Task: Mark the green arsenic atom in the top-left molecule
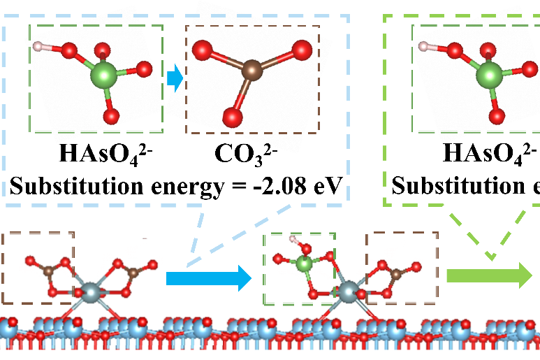[x=104, y=73]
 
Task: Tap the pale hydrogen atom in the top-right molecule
[x=422, y=47]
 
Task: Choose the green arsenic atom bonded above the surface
[x=302, y=264]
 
